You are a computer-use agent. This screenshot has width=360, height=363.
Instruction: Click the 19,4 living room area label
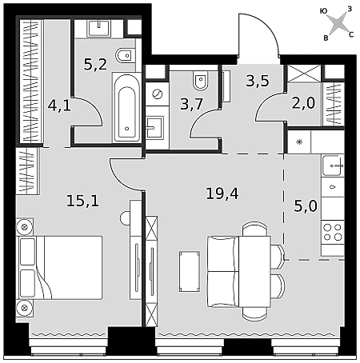point(222,193)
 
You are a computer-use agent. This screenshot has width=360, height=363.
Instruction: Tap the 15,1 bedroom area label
point(82,201)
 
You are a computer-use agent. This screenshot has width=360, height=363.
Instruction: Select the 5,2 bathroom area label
point(95,64)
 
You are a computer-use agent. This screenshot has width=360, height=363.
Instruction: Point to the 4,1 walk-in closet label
point(59,106)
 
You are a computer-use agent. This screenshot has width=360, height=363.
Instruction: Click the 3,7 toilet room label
point(192,104)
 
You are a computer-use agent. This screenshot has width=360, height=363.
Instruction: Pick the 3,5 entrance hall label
point(258,81)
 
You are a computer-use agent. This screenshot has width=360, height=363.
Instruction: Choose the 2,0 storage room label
point(303,103)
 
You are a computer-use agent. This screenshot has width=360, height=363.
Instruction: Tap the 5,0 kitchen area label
point(306,206)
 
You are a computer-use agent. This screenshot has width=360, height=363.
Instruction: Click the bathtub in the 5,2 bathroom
point(127,107)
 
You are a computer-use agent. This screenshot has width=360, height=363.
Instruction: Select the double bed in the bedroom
point(59,267)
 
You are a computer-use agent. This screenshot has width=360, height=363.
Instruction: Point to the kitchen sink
point(333,166)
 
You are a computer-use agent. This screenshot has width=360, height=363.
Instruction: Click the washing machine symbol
point(158,94)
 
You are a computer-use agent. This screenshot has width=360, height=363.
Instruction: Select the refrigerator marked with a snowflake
point(299,142)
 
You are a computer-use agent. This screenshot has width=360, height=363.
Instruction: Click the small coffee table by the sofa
point(190,271)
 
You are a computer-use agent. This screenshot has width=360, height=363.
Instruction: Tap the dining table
point(254,271)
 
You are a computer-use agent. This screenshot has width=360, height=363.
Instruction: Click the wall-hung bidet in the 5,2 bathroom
point(125,56)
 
